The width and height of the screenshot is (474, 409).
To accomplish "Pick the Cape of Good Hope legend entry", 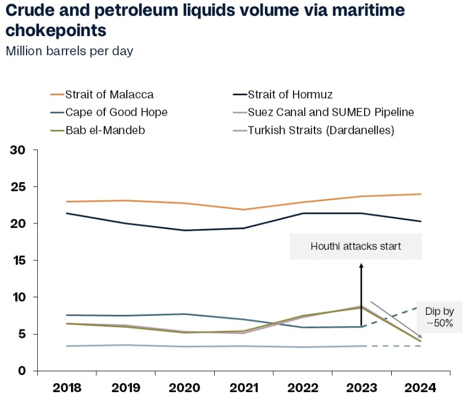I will point(116,112).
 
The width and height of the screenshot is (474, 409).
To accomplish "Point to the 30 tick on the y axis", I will point(20,150).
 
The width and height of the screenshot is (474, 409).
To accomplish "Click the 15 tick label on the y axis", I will point(20,261).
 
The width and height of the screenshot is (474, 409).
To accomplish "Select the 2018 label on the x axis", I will point(67,388).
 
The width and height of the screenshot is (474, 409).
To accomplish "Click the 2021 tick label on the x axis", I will point(243,388).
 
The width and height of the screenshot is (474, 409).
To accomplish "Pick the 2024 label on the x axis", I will point(420,388).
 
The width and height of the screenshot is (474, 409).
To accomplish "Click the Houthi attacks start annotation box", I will point(356,247).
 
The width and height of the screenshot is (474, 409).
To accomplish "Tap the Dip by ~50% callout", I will point(439,318).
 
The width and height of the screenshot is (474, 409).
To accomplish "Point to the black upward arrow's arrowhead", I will point(361,264).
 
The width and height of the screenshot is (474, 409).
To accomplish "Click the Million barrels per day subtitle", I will point(69,51).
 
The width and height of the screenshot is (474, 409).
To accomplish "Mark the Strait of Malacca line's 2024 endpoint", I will point(420,194).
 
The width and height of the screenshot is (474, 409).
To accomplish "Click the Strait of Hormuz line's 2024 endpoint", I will point(420,221).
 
